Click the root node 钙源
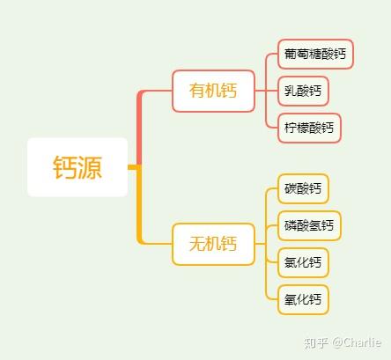pyautogui.click(x=77, y=167)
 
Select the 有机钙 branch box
pyautogui.click(x=213, y=91)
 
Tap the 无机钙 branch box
pyautogui.click(x=213, y=244)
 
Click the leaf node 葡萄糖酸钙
pyautogui.click(x=315, y=54)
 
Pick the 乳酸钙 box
pyautogui.click(x=303, y=91)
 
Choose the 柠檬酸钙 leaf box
pyautogui.click(x=309, y=128)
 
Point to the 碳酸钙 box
pyautogui.click(x=303, y=188)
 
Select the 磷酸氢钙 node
pyautogui.click(x=309, y=225)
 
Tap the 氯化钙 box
pyautogui.click(x=303, y=262)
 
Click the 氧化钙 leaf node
pyautogui.click(x=303, y=299)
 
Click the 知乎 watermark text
pyautogui.click(x=316, y=343)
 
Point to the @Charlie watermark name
pyautogui.click(x=357, y=342)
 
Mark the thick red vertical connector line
pyautogui.click(x=139, y=129)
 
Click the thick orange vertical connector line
pyautogui.click(x=139, y=205)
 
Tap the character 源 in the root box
pyautogui.click(x=90, y=167)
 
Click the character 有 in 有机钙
pyautogui.click(x=197, y=91)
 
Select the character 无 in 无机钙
pyautogui.click(x=197, y=244)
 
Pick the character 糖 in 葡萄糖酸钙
pyautogui.click(x=315, y=54)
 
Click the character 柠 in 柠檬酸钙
pyautogui.click(x=291, y=128)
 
